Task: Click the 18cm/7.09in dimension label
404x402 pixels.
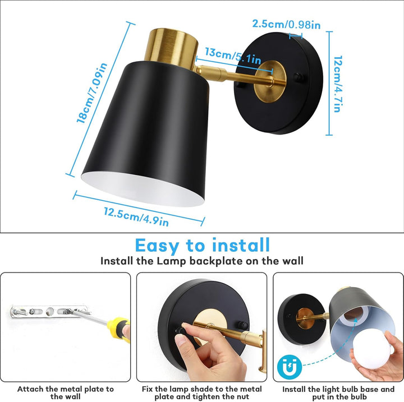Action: click(x=92, y=93)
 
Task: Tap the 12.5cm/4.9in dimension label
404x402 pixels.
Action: click(x=136, y=217)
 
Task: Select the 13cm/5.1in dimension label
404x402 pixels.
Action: click(x=233, y=56)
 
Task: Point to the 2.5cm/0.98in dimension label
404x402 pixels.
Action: click(x=286, y=24)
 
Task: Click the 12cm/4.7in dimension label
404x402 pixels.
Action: click(x=338, y=84)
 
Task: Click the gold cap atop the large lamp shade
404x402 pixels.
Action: click(x=171, y=48)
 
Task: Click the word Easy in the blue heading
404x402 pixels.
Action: click(x=157, y=246)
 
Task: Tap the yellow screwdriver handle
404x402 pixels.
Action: click(x=118, y=329)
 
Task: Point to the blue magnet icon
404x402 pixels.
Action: click(x=290, y=366)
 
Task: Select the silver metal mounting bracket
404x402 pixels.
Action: click(x=49, y=311)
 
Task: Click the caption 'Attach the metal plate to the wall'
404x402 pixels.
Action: click(x=66, y=392)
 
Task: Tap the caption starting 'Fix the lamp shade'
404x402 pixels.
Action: click(x=202, y=392)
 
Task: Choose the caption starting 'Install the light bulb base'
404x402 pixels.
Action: click(x=338, y=392)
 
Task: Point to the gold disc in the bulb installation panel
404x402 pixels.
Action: click(x=305, y=318)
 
